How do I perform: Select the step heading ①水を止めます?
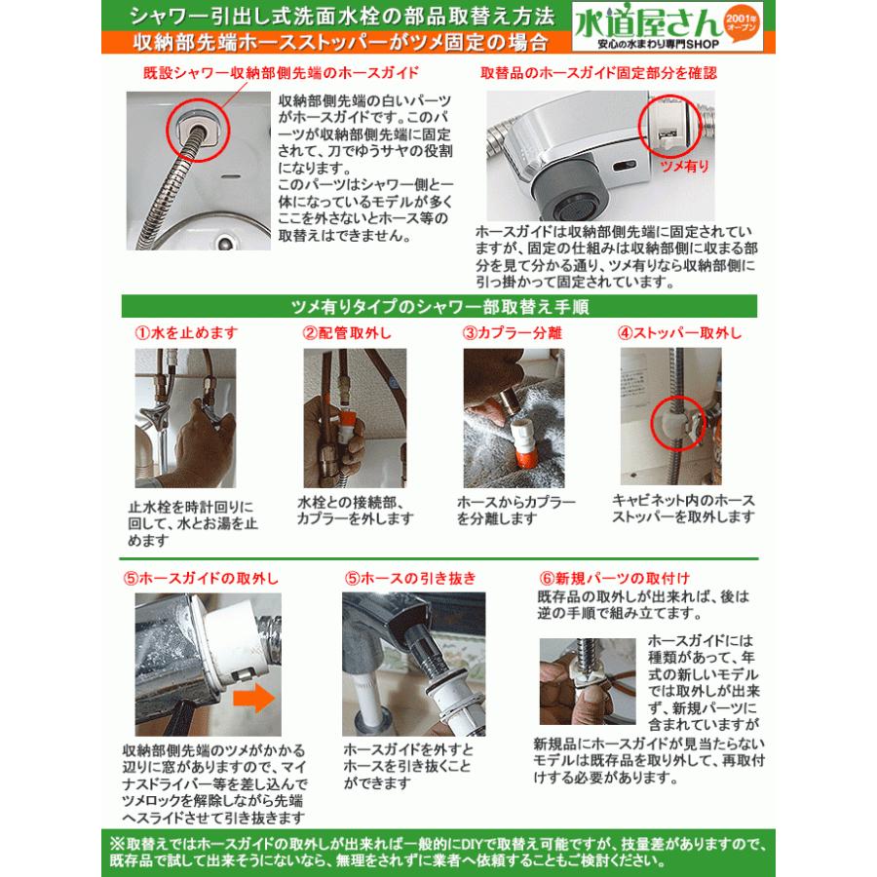pos(185,332)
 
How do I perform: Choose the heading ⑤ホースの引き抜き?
pos(408,577)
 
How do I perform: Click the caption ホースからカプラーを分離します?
pos(506,510)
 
